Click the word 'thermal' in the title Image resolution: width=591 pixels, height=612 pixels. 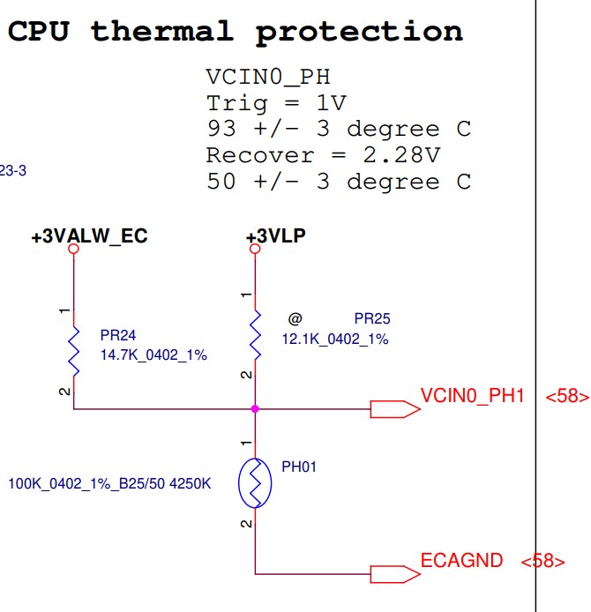tap(161, 32)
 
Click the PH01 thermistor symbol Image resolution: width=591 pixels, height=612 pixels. tap(255, 482)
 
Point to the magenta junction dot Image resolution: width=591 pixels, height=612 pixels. tap(255, 409)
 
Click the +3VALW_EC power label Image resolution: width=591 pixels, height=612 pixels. tap(89, 237)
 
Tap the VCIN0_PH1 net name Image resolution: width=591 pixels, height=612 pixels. tap(473, 395)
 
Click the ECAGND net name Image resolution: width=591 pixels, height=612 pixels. tap(461, 560)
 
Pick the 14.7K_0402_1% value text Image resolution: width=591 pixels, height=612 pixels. tap(153, 355)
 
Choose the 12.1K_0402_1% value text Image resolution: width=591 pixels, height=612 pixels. tap(335, 339)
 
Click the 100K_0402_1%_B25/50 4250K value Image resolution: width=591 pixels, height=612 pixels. tap(109, 483)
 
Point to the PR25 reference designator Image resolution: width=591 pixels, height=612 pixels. tap(372, 319)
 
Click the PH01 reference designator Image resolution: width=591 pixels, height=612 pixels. tap(298, 466)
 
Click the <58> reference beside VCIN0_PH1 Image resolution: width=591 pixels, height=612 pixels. tap(566, 397)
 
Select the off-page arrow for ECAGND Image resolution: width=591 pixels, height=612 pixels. tap(393, 574)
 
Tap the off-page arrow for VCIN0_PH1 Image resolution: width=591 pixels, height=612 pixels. tap(393, 409)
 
